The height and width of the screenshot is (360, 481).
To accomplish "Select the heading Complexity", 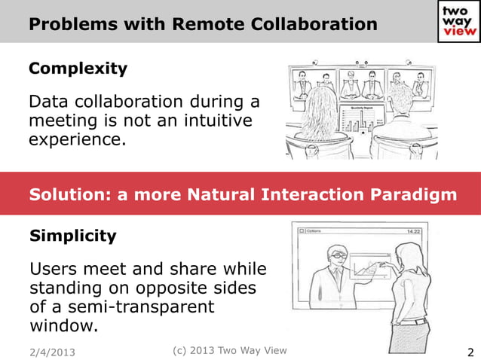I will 78,69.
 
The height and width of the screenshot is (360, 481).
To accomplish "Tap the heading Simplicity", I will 72,236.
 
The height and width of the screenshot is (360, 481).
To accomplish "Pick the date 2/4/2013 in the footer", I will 52,352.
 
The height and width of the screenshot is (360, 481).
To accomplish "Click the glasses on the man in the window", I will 338,257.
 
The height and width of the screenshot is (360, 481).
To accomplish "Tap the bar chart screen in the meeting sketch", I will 360,120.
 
